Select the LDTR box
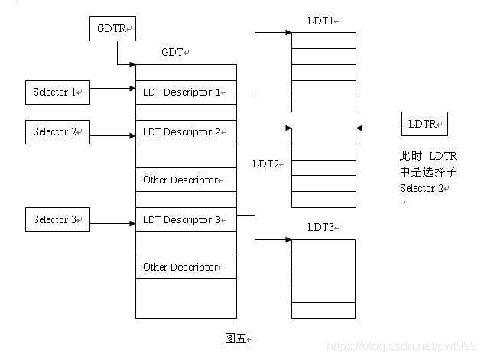424,124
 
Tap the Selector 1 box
57,92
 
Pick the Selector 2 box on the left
57,132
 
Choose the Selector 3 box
57,220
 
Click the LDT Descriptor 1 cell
186,92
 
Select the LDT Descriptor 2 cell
186,132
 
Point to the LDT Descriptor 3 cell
186,220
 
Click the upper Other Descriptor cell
186,180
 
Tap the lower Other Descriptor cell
186,268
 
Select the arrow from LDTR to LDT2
378,127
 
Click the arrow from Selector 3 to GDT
112,224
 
